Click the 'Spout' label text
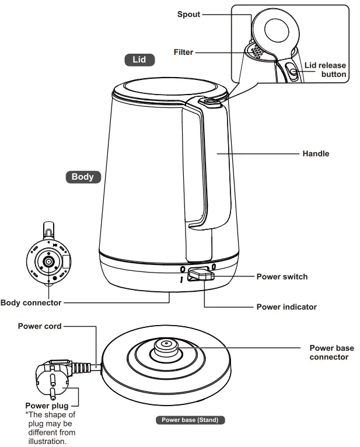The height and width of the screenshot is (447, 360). pyautogui.click(x=188, y=13)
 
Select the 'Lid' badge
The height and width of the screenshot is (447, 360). pyautogui.click(x=140, y=60)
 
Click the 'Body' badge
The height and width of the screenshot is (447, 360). pyautogui.click(x=82, y=177)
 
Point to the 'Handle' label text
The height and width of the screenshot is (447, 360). pyautogui.click(x=316, y=153)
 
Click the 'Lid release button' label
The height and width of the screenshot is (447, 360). pyautogui.click(x=325, y=70)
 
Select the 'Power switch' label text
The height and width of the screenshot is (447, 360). pyautogui.click(x=282, y=276)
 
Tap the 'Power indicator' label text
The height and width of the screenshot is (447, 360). pyautogui.click(x=286, y=306)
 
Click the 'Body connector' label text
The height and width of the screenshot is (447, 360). pyautogui.click(x=31, y=302)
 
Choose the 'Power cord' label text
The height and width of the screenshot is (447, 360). pyautogui.click(x=39, y=326)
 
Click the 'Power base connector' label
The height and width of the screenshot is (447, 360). pyautogui.click(x=331, y=352)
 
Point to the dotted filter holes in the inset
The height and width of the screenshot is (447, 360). pyautogui.click(x=256, y=51)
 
